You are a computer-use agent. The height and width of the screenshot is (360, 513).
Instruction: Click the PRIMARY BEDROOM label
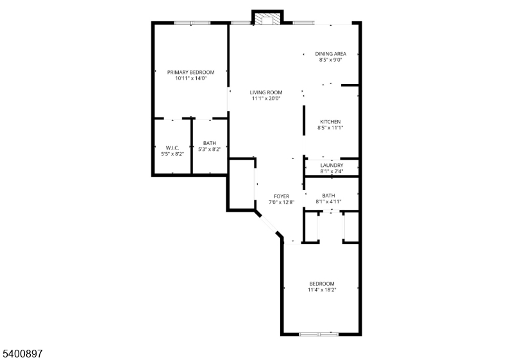point(190,73)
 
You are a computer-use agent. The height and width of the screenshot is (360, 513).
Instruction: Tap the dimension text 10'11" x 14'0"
point(190,79)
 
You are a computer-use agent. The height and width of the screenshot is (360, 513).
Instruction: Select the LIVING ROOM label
point(266,92)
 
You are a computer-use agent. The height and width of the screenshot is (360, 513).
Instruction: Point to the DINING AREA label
point(330,54)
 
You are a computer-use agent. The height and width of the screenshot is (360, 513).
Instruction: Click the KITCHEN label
point(330,122)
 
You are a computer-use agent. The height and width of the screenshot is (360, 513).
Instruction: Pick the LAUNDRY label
point(332,166)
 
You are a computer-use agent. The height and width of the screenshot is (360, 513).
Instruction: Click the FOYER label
point(282,196)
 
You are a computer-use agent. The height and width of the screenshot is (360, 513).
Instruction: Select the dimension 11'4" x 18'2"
point(322,290)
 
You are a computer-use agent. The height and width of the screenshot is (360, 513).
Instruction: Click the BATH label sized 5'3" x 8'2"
point(210,143)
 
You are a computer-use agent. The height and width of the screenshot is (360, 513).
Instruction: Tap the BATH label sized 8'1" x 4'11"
point(328,196)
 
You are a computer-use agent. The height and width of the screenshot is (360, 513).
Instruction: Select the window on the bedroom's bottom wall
point(319,334)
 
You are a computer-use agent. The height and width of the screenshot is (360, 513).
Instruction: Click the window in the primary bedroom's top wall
point(192,23)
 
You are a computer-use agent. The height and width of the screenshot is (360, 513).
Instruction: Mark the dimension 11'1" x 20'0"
point(266,99)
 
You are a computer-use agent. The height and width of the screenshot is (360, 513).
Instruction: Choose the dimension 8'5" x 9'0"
point(330,60)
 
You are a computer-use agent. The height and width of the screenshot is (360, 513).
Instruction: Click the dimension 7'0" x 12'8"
point(282,203)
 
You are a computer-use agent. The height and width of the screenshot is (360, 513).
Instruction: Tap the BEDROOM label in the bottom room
point(322,284)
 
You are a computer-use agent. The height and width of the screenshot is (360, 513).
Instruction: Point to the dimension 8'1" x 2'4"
point(332,171)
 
